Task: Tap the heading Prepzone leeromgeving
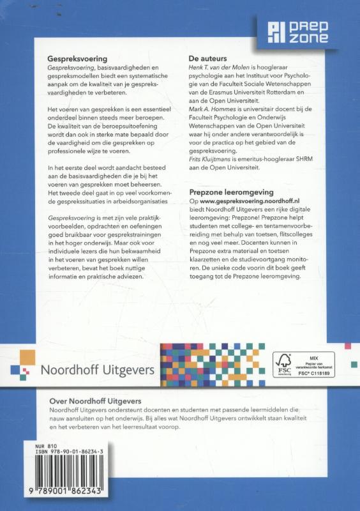[236, 192]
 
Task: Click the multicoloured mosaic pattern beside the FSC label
[212, 365]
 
